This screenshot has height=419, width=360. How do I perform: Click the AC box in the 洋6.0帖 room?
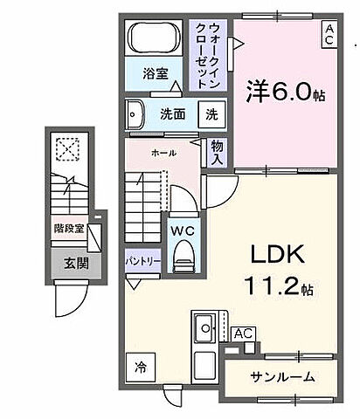pos(329,36)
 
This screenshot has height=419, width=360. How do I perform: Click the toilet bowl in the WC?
pos(183,255)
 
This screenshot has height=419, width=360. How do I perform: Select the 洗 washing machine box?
pos(213,113)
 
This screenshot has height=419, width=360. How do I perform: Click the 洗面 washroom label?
pos(171,113)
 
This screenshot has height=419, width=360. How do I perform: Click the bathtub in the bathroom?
pos(156,40)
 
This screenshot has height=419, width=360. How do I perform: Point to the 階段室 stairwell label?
pos(67,230)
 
